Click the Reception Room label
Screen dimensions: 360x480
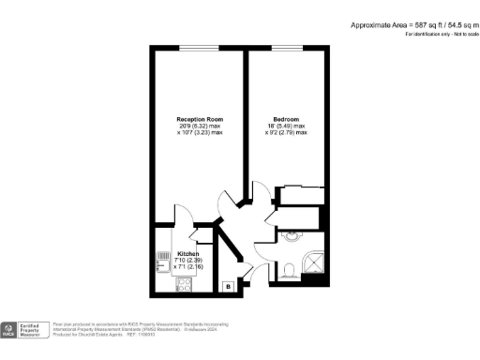pyautogui.click(x=199, y=119)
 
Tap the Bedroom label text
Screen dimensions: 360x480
pyautogui.click(x=286, y=119)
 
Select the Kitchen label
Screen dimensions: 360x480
pyautogui.click(x=187, y=254)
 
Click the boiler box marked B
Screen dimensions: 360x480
pyautogui.click(x=228, y=285)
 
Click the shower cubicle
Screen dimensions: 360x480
pyautogui.click(x=314, y=263)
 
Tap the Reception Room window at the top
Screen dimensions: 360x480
pyautogui.click(x=197, y=49)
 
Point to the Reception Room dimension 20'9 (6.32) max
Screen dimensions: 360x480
pyautogui.click(x=199, y=126)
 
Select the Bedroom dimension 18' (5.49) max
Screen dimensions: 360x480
pyautogui.click(x=286, y=126)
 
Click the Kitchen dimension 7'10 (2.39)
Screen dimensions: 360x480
pyautogui.click(x=187, y=261)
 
